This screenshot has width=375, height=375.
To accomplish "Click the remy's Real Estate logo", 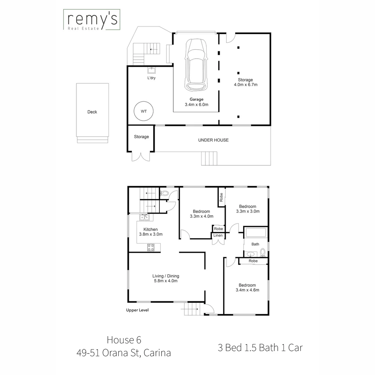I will pyautogui.click(x=91, y=20).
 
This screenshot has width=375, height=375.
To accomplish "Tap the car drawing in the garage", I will pyautogui.click(x=196, y=64).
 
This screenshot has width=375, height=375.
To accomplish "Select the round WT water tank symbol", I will pyautogui.click(x=143, y=111).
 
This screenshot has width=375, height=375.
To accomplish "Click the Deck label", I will pyautogui.click(x=92, y=112).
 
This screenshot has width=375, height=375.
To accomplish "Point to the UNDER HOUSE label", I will pyautogui.click(x=213, y=140).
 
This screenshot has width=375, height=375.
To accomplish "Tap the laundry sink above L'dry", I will pyautogui.click(x=152, y=71).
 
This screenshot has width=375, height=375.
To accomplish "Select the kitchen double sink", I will pyautogui.click(x=144, y=218).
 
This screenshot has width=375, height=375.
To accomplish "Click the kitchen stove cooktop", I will pyautogui.click(x=151, y=247).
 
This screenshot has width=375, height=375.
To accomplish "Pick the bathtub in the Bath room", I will pyautogui.click(x=255, y=233).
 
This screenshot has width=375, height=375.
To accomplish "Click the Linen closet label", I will pyautogui.click(x=218, y=236).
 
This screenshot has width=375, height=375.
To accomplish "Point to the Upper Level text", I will pyautogui.click(x=137, y=310).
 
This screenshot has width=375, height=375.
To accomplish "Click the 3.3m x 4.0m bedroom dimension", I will pyautogui.click(x=201, y=216).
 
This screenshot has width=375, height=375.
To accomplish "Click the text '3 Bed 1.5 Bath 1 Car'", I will pyautogui.click(x=260, y=348).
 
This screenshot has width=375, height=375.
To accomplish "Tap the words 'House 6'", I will pyautogui.click(x=124, y=339).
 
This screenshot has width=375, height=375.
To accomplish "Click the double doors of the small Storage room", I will pyautogui.click(x=141, y=157).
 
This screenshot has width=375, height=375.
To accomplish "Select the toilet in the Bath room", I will pyautogui.click(x=263, y=251).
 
